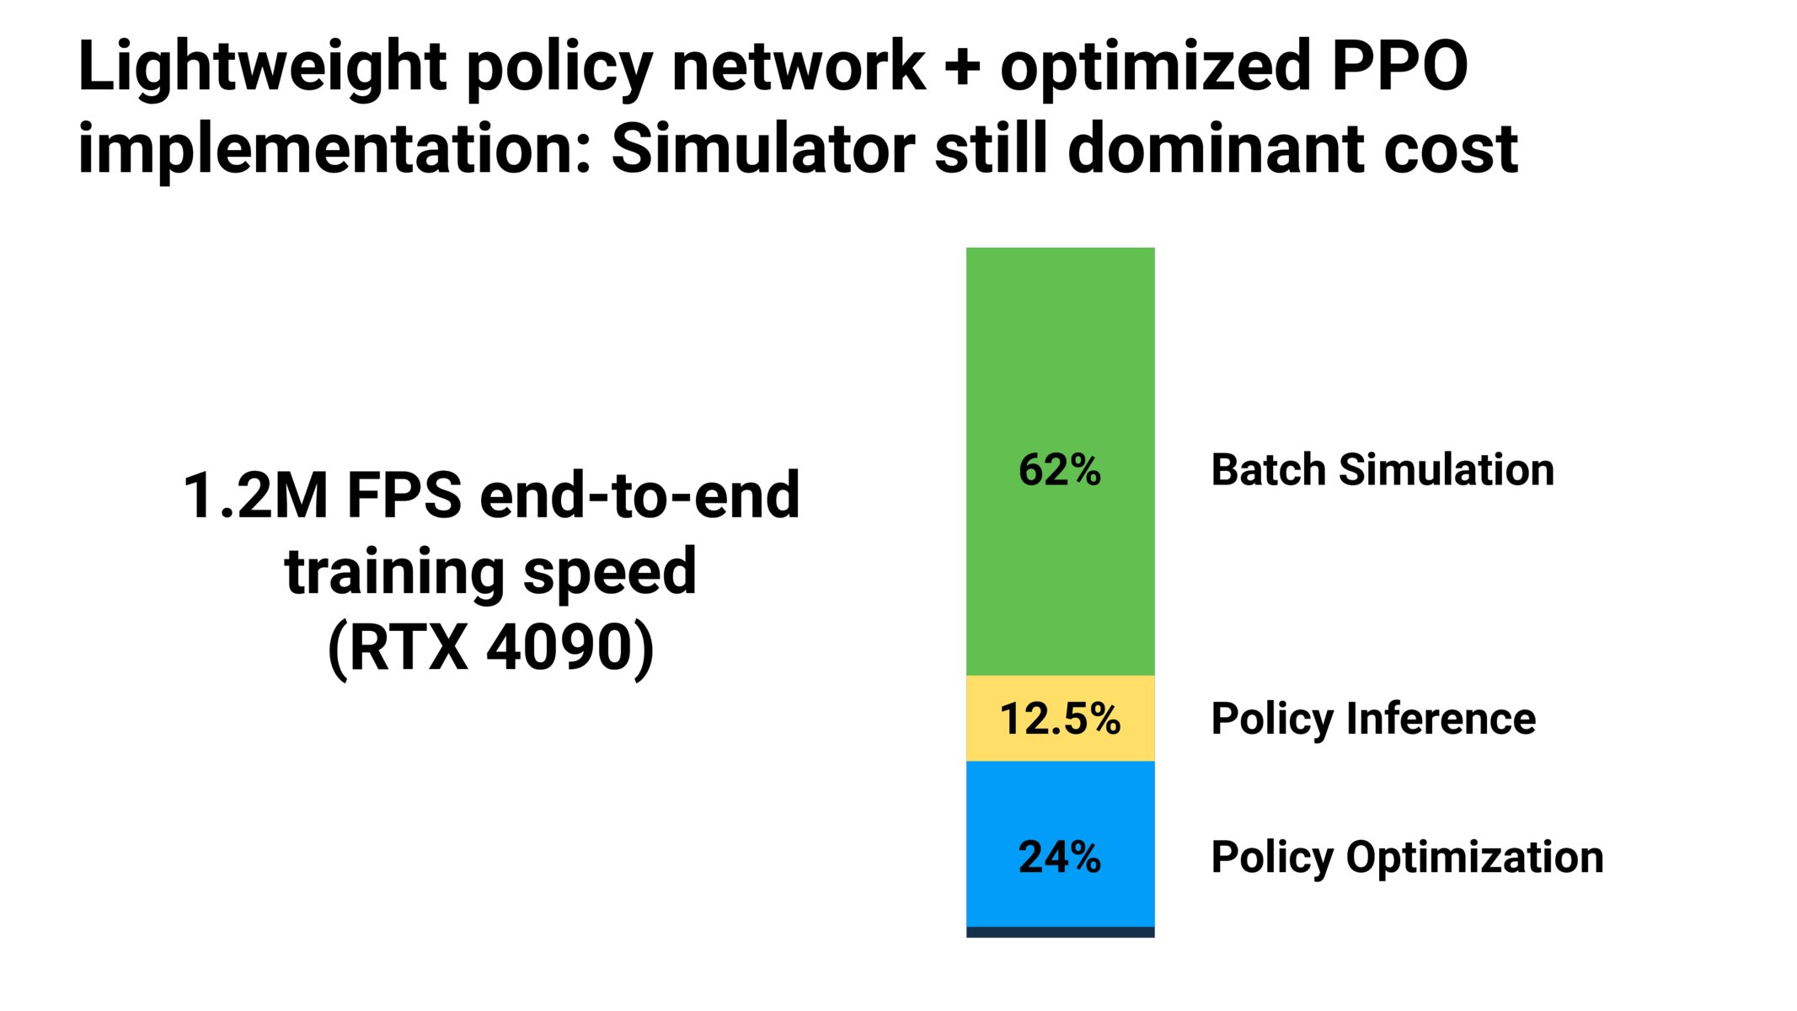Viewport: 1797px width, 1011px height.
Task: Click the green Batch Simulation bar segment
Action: (x=1060, y=354)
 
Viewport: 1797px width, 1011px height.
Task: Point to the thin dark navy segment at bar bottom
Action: (x=1060, y=932)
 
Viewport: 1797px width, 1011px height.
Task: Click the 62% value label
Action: (x=1060, y=469)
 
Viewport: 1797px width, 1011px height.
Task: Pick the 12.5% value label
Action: (x=1060, y=719)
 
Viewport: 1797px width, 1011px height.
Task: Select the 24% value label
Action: (x=1060, y=857)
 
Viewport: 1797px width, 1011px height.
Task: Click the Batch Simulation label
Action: (x=1382, y=469)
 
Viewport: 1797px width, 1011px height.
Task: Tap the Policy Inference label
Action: (x=1373, y=719)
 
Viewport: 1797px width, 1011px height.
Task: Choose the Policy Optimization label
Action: (x=1407, y=858)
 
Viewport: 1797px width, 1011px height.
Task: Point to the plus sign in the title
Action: (x=961, y=67)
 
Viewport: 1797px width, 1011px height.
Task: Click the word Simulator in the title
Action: (x=762, y=149)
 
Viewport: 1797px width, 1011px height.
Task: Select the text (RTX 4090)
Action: (x=490, y=647)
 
